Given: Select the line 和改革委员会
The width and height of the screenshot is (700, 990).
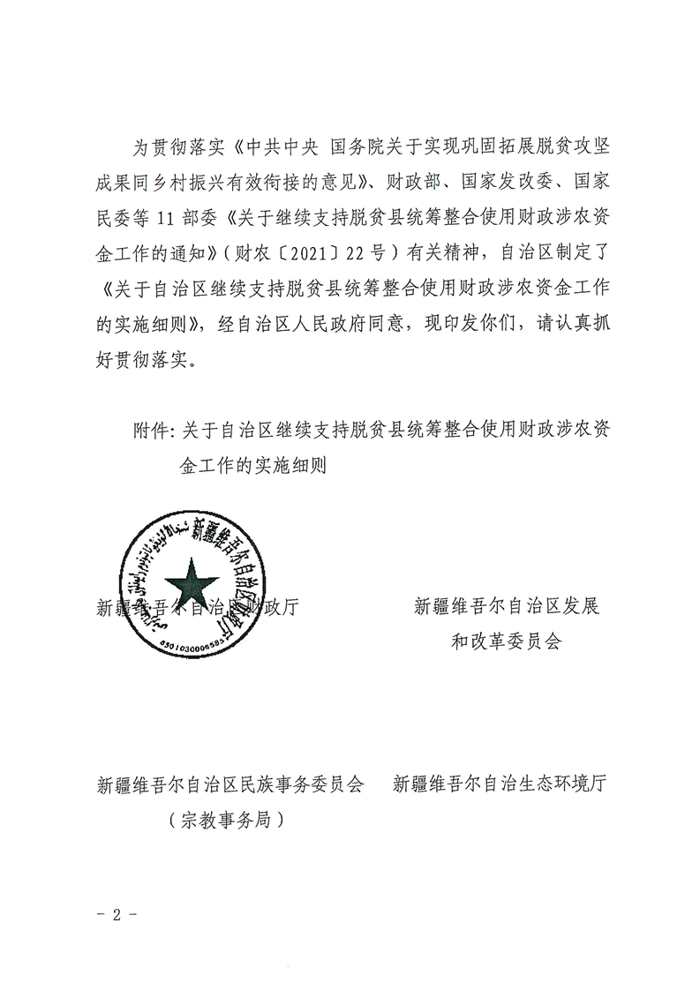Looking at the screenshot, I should pos(506,641).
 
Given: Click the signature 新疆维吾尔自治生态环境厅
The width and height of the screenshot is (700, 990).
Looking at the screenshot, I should pos(499,784).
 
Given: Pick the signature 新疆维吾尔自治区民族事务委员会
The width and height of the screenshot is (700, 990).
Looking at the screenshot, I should pos(230,784).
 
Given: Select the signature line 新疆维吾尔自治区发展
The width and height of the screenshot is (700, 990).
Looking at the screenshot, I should pos(506,607).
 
